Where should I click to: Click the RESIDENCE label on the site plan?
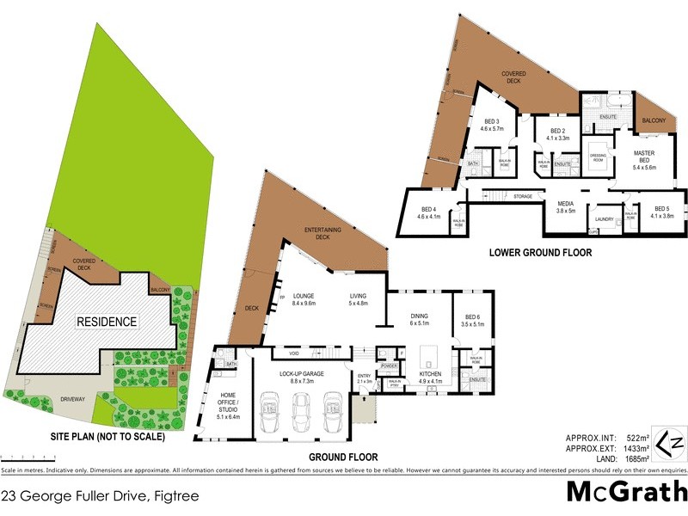[x=108, y=322]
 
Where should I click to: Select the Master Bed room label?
[x=644, y=160]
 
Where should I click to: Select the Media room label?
[x=565, y=206]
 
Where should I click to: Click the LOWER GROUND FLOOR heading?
[x=540, y=253]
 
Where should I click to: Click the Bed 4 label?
[x=428, y=213]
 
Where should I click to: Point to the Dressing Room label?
[x=599, y=158]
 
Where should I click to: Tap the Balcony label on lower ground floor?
[x=654, y=121]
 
